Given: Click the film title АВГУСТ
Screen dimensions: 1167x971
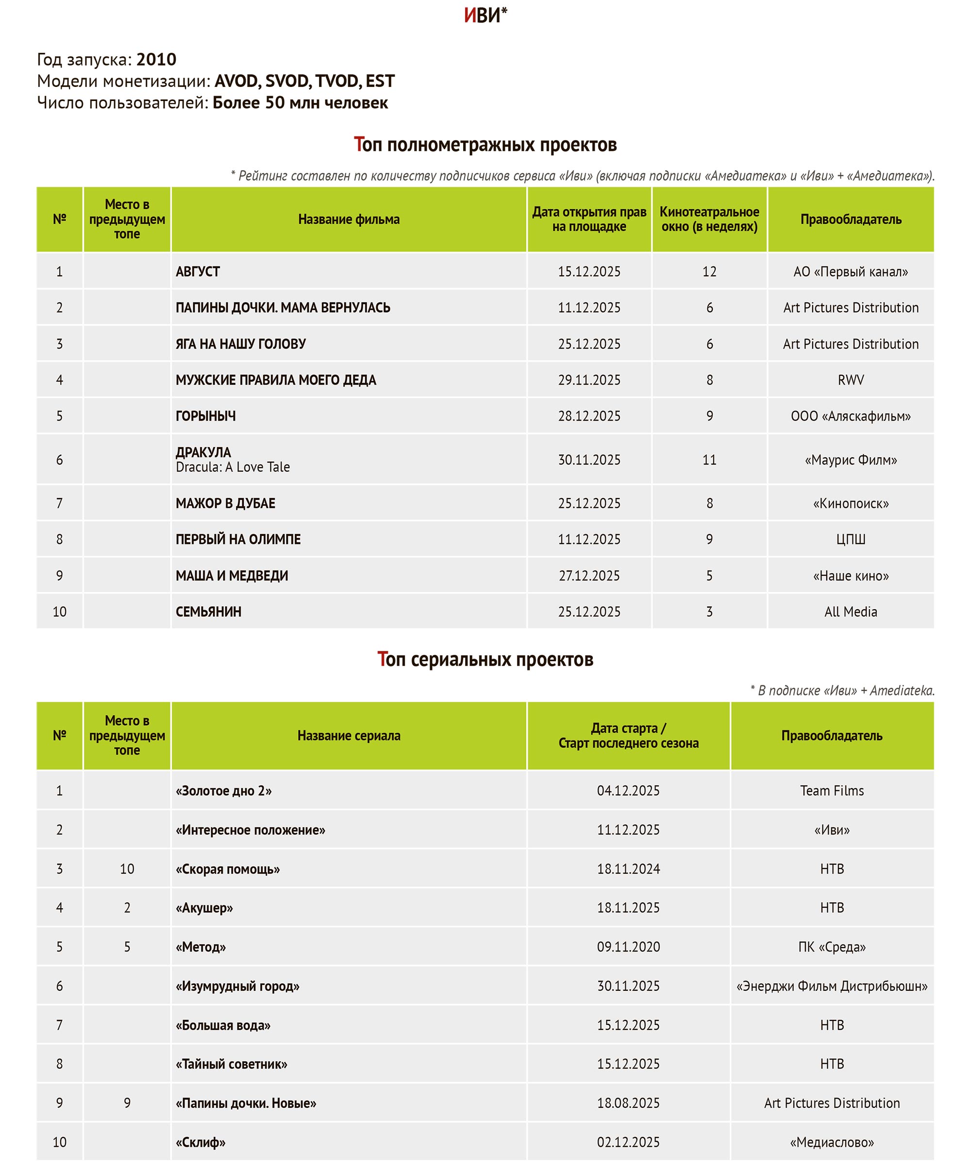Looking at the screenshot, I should (198, 272).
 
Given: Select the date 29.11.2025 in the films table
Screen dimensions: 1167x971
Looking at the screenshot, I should (589, 380).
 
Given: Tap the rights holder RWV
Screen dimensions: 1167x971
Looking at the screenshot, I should (851, 380).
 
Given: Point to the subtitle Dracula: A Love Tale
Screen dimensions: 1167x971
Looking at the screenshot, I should (233, 467).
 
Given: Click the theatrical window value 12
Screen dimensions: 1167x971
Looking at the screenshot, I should (709, 272).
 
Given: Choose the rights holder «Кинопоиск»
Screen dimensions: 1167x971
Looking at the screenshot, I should (851, 503).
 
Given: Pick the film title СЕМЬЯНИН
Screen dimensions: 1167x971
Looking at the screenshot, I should (208, 612).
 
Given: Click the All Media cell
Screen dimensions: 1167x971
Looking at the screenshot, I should (851, 612).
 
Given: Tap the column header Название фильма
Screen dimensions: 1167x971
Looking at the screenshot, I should (349, 219).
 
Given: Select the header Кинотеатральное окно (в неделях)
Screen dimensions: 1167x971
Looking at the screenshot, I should (709, 219).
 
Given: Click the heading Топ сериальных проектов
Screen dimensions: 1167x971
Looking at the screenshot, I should (485, 659).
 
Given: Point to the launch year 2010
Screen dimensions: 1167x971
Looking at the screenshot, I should (156, 59).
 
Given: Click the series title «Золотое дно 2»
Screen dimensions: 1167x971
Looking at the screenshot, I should (223, 791).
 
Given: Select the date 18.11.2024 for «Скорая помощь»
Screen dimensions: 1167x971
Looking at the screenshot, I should (628, 869).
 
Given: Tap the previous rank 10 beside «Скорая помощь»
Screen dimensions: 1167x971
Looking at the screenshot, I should (127, 869).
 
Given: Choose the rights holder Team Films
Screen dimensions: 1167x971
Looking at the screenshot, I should (832, 791).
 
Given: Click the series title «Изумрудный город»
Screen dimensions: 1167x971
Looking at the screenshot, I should (237, 986).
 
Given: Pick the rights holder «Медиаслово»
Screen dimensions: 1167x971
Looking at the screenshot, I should (832, 1143).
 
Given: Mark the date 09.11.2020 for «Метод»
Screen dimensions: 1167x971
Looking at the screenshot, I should (628, 947).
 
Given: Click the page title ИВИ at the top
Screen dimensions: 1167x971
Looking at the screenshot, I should (484, 16).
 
